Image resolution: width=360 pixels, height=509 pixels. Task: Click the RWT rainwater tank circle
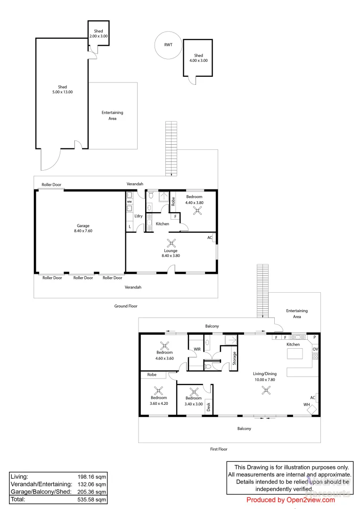coord(168,45)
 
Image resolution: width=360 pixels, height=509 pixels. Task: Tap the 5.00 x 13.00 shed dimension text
coord(62,92)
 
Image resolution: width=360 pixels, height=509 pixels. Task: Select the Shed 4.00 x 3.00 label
coord(198,58)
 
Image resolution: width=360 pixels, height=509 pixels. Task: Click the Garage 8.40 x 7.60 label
coord(83,229)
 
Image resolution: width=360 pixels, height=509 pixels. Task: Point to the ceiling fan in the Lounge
coord(173,244)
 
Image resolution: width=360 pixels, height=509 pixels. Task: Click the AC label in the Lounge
coord(210,238)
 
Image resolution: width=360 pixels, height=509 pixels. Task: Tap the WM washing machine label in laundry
coord(129,202)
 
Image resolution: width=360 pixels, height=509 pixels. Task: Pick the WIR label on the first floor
coord(197,349)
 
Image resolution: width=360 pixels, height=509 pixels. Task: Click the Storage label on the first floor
coord(234,358)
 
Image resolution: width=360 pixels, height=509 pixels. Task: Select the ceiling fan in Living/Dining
coord(267,390)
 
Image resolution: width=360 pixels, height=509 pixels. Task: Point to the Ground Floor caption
coord(126,306)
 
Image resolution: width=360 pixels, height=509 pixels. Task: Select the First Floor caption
coord(219,449)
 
